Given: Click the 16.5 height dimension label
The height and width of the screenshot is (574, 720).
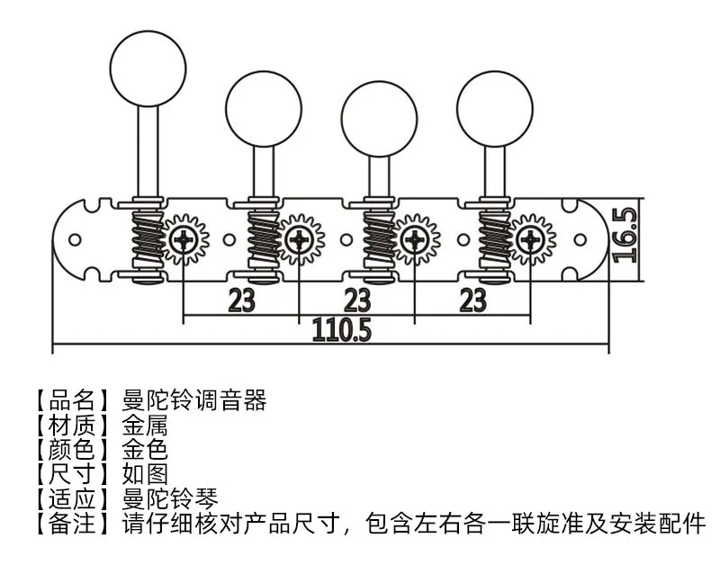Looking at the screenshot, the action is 625,235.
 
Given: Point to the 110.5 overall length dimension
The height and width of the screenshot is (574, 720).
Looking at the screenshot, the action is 342,330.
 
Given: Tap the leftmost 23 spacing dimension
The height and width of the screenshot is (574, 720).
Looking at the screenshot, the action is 241,300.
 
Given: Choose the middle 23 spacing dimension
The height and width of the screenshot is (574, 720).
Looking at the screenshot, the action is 357,300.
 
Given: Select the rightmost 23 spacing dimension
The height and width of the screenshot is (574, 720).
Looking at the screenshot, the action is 473,300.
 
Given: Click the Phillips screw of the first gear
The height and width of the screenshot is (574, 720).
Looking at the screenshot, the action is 184,239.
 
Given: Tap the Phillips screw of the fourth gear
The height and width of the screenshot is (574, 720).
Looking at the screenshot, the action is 530,239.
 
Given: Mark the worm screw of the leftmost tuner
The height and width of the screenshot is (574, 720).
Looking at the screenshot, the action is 148,239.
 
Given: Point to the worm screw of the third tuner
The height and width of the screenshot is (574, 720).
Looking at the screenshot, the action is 379,239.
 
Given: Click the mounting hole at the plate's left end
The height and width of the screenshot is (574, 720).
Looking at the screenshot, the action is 75,239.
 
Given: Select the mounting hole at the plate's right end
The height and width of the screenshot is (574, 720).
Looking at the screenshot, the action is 580,239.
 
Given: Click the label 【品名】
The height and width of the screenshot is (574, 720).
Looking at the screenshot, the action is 72,400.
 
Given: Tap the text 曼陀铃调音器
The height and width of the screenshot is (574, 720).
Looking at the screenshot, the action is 194,400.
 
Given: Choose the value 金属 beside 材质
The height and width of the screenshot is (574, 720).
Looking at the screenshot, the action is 145,426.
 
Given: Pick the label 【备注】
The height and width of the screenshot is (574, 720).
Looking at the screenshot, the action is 72,524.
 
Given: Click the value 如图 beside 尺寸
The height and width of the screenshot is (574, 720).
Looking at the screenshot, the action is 145,474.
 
